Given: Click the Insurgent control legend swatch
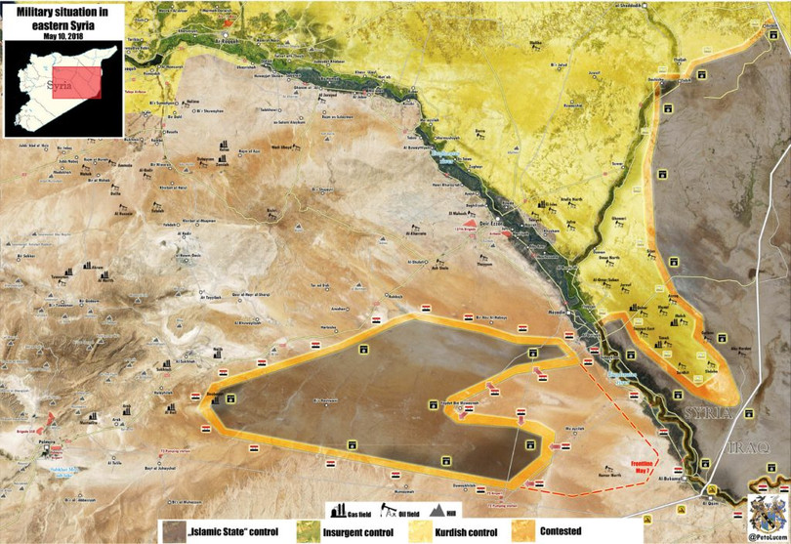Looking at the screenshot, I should click(x=316, y=531).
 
